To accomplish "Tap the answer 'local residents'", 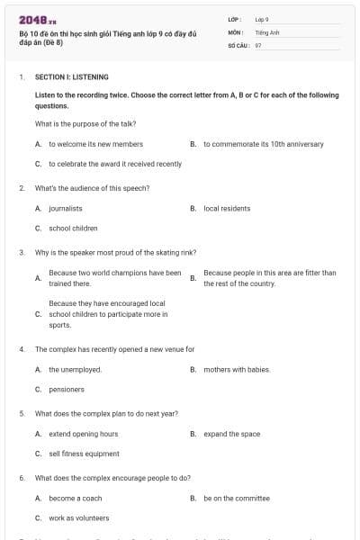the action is (x=225, y=208).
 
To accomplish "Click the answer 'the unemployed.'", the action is (x=75, y=369).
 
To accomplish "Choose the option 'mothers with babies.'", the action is (x=237, y=369).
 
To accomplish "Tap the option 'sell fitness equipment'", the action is (x=84, y=454).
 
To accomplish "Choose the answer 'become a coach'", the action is (x=75, y=498).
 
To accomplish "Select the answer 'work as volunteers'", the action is (x=78, y=518).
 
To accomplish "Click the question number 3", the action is (x=22, y=252).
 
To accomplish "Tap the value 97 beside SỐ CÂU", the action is (x=258, y=43).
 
